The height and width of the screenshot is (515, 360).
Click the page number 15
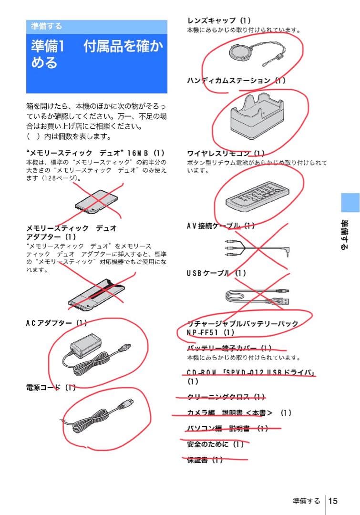point(333,501)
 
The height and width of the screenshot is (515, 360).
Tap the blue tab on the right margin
point(350,203)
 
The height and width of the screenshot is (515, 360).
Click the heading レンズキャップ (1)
point(219,21)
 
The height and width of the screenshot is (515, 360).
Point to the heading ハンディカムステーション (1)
point(237,81)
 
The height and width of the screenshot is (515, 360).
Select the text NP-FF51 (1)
point(211,332)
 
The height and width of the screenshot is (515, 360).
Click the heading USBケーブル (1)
point(216,273)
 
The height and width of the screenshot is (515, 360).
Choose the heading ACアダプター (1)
point(56,323)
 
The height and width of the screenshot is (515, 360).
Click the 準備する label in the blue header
point(47,26)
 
